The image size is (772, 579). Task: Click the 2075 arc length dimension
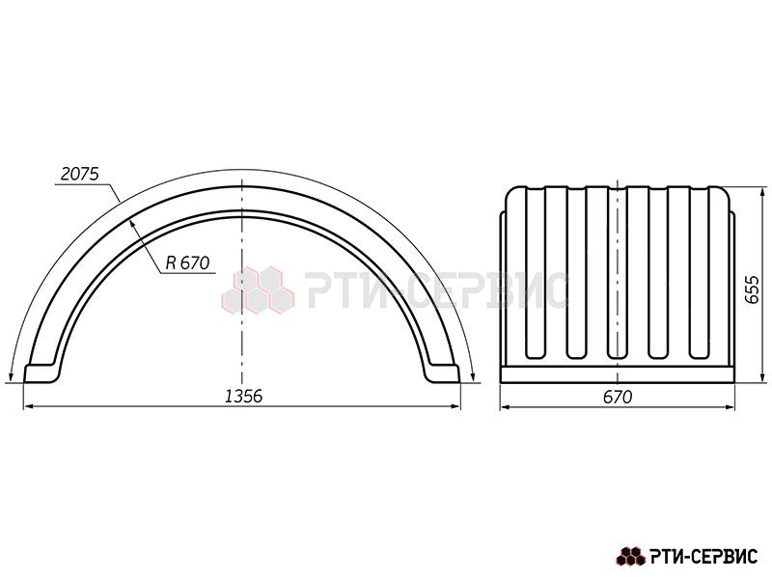pyautogui.click(x=80, y=174)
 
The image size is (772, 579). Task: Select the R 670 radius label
pyautogui.click(x=187, y=262)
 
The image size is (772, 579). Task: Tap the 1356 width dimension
pyautogui.click(x=244, y=396)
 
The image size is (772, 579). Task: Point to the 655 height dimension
pyautogui.click(x=751, y=289)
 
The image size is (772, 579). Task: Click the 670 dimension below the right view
pyautogui.click(x=617, y=397)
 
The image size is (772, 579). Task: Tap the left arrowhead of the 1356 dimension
pyautogui.click(x=30, y=406)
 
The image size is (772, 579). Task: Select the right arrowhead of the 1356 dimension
pyautogui.click(x=455, y=406)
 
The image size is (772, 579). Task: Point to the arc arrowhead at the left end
pyautogui.click(x=11, y=376)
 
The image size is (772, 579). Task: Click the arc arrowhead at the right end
pyautogui.click(x=473, y=376)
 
